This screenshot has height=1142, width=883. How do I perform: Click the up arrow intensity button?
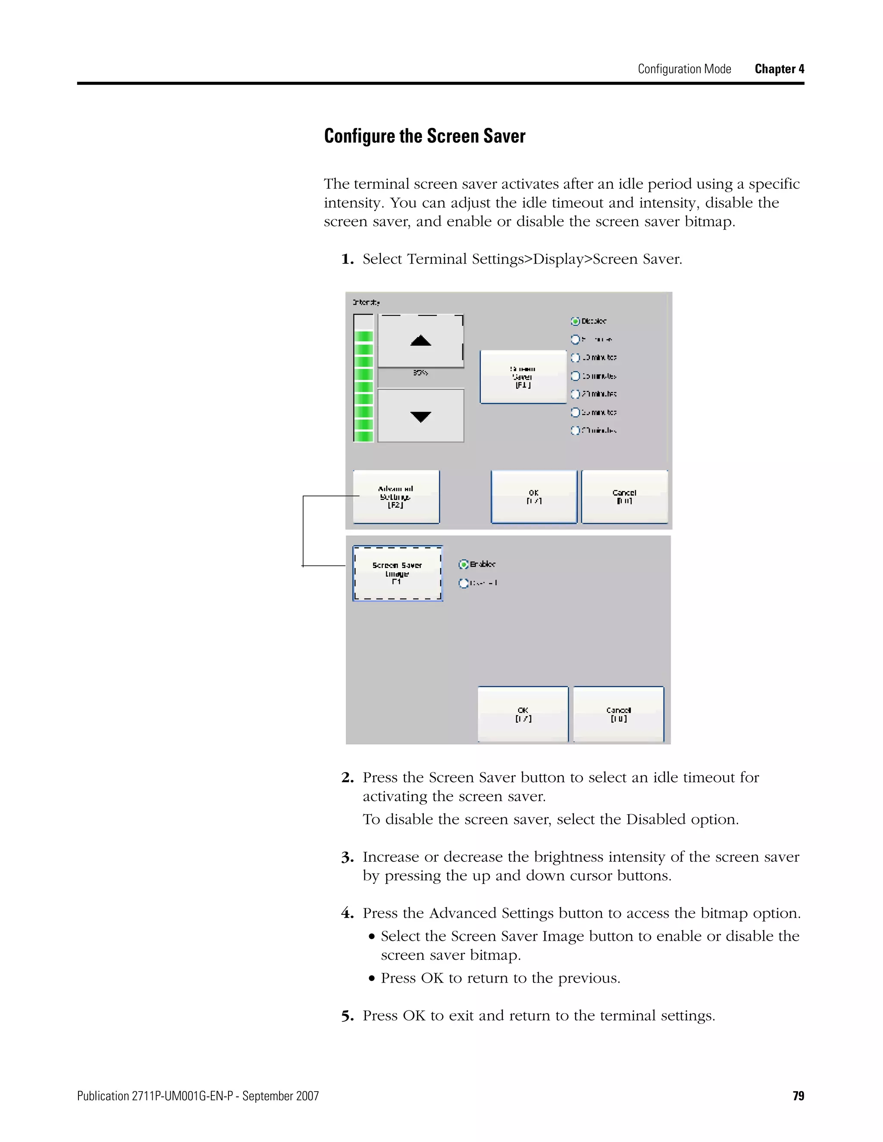click(x=420, y=341)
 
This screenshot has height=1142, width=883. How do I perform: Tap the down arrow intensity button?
click(x=420, y=416)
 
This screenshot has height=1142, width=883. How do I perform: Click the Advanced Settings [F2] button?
click(x=396, y=497)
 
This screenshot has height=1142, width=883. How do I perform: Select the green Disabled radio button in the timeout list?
click(x=576, y=321)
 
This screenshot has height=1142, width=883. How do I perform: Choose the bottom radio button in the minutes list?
click(x=576, y=431)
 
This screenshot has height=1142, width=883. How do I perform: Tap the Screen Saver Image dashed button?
click(x=398, y=573)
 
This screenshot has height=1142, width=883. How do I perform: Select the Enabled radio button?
click(x=463, y=564)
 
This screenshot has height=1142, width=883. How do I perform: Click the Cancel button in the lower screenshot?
click(x=618, y=714)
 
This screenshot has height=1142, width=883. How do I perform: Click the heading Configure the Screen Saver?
click(x=424, y=136)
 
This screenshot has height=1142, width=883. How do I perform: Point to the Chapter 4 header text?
click(x=779, y=69)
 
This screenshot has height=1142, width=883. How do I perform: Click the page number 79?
click(x=798, y=1095)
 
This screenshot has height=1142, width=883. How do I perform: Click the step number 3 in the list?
click(x=348, y=858)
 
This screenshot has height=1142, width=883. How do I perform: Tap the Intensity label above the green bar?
click(x=366, y=302)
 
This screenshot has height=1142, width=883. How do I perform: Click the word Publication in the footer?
click(x=103, y=1096)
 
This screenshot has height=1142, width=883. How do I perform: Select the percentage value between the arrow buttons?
click(x=420, y=373)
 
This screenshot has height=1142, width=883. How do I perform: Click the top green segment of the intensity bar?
click(x=363, y=336)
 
